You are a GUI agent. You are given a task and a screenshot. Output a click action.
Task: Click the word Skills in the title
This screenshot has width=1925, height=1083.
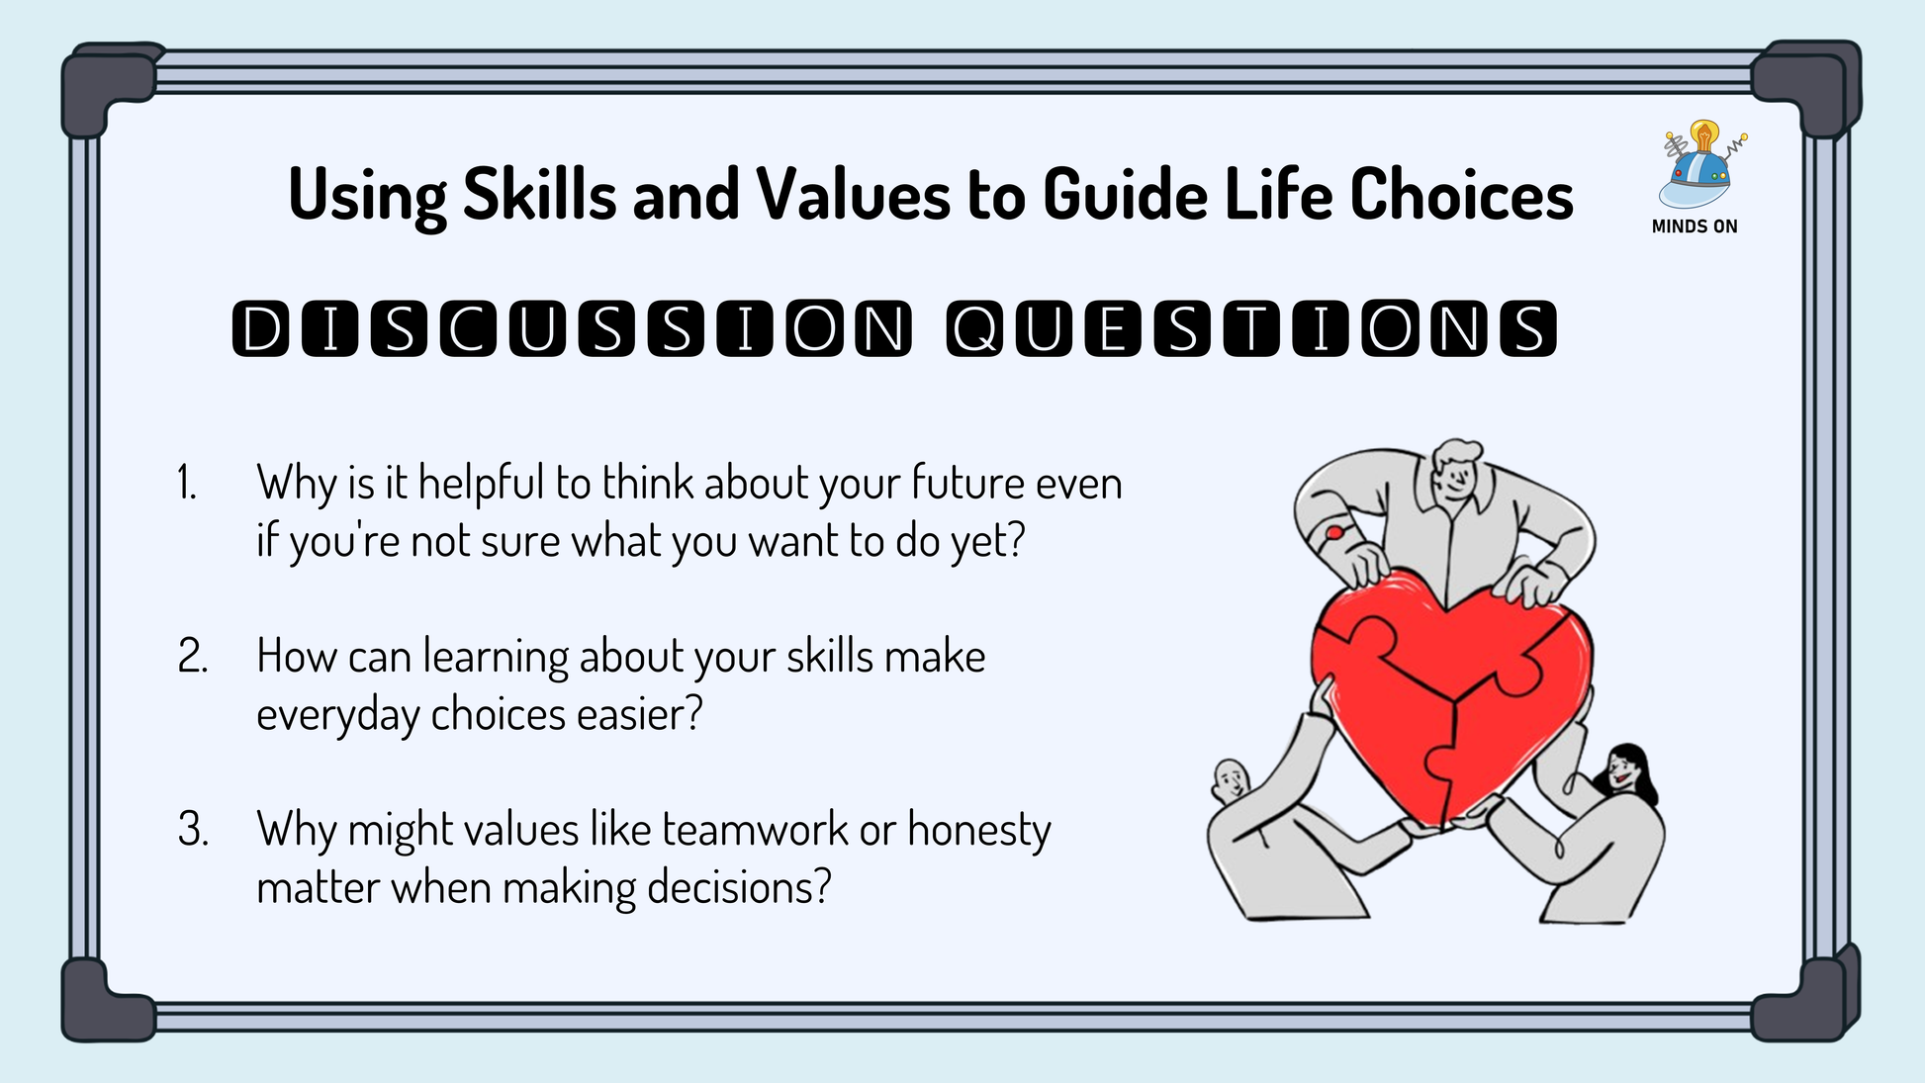tap(540, 194)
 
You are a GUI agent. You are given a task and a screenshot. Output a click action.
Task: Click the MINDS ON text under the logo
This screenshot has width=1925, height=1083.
tap(1695, 226)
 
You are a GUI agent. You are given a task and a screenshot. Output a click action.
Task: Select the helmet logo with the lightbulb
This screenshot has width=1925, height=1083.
tap(1698, 165)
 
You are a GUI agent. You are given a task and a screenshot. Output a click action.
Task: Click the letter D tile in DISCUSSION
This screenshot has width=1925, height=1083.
tap(261, 328)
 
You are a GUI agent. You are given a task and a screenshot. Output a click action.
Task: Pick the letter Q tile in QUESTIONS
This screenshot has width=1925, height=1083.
tap(975, 328)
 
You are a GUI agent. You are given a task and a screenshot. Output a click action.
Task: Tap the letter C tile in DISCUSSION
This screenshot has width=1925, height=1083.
tap(469, 328)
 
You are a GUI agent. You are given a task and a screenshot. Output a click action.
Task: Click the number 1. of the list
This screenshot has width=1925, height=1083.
tap(187, 484)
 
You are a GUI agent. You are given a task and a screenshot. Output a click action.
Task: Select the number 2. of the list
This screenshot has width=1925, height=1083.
tap(193, 657)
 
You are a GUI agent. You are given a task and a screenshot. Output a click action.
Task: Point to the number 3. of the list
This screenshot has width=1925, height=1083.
tap(193, 830)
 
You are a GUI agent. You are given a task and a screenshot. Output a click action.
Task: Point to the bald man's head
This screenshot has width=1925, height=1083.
tap(1231, 783)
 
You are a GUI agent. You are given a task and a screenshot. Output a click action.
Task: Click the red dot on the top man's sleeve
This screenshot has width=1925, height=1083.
tap(1334, 534)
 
